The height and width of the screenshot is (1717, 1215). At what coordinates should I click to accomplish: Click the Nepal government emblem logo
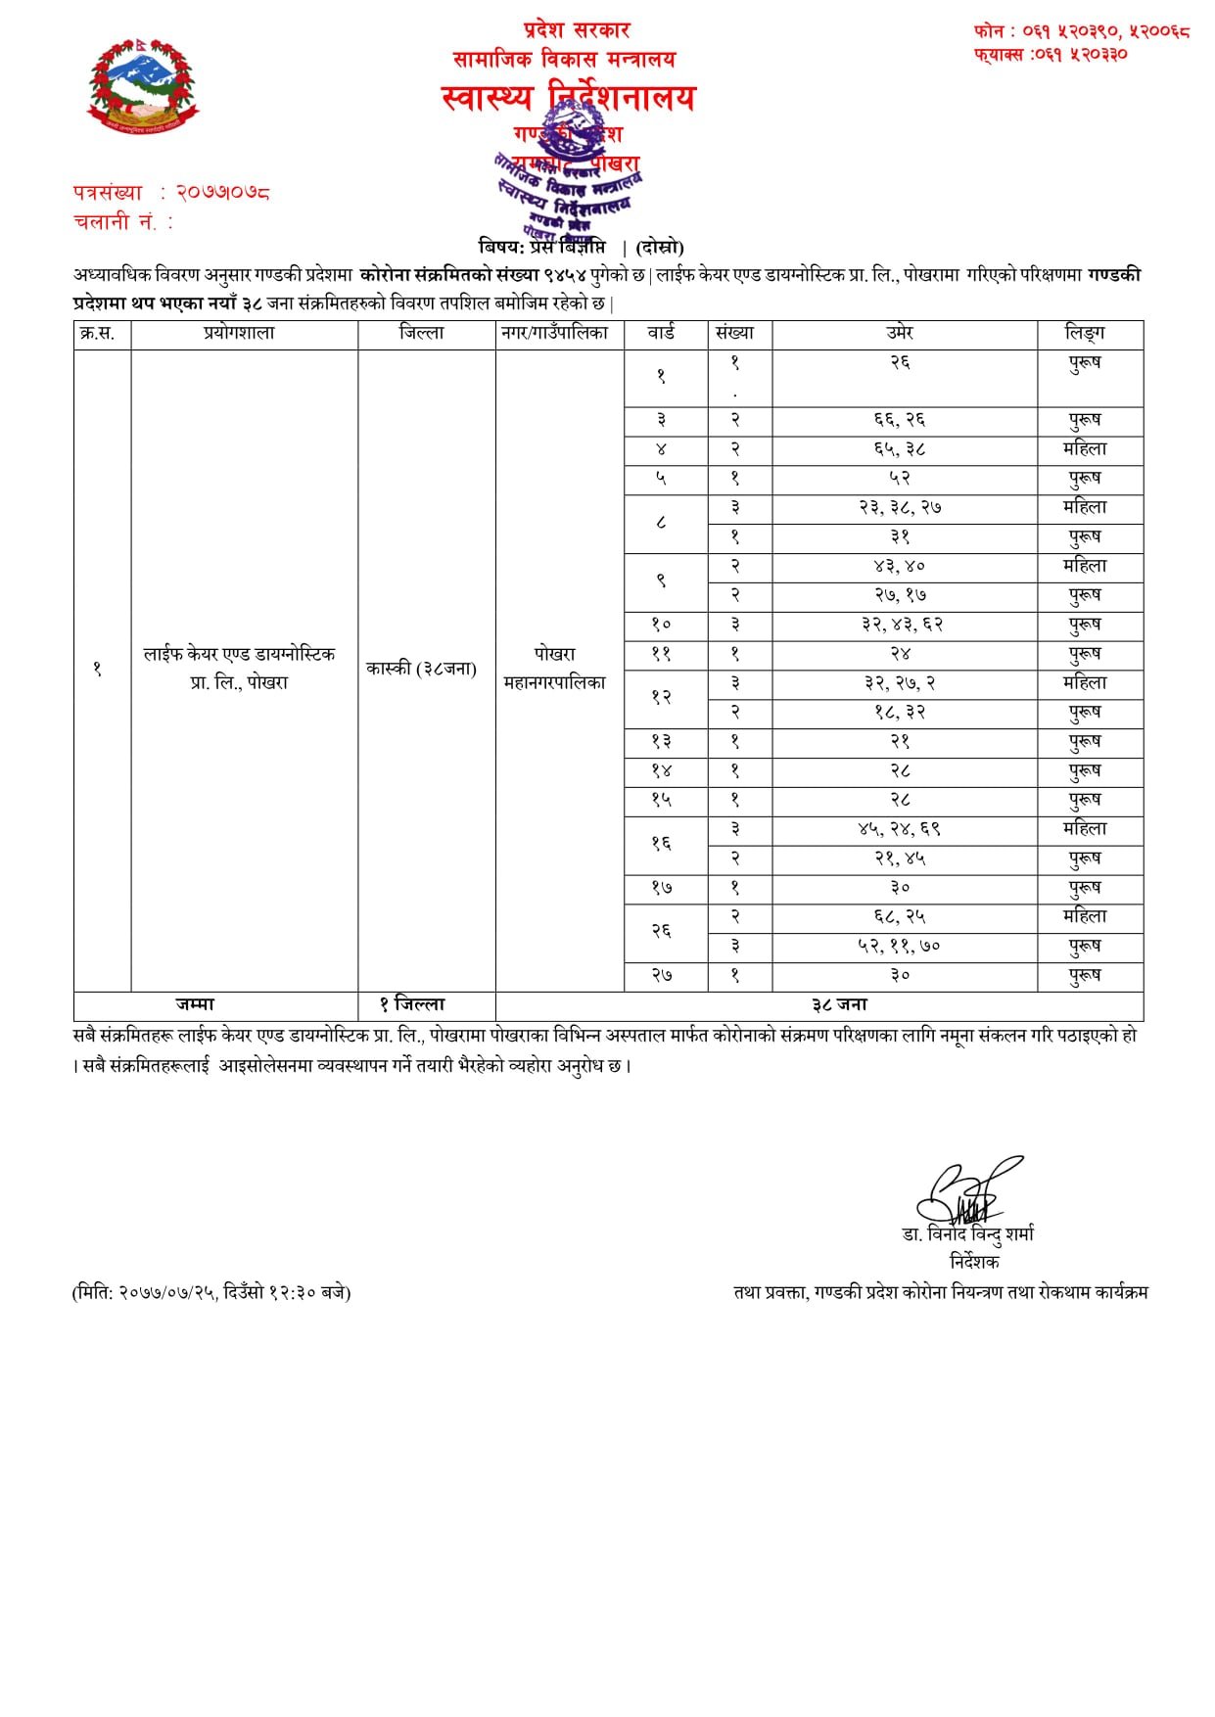coord(142,86)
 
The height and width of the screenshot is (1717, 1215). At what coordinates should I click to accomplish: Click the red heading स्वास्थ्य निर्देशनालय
coord(568,98)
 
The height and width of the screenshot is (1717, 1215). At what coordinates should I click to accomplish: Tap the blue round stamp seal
coord(568,181)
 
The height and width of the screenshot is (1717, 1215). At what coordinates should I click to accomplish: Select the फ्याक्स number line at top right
coord(1051,55)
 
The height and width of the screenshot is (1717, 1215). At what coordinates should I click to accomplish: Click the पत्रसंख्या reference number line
coord(171,193)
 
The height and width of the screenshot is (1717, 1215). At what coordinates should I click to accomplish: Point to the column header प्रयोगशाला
coord(240,333)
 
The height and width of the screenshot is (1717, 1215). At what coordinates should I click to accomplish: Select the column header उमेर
coord(900,333)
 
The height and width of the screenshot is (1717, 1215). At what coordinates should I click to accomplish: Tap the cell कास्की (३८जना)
coord(422,669)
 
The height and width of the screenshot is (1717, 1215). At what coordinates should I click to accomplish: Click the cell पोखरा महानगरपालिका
coord(554,668)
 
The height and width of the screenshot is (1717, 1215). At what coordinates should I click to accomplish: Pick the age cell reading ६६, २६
coord(900,420)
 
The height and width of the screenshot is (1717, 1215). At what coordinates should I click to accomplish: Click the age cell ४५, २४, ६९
coord(900,829)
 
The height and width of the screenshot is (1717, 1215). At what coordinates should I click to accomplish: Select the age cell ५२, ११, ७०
coord(900,947)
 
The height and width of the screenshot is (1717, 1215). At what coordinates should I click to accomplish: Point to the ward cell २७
coord(662,976)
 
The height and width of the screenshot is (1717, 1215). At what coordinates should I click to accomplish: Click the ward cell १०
coord(662,625)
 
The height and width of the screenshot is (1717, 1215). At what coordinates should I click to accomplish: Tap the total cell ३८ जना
coord(839,1004)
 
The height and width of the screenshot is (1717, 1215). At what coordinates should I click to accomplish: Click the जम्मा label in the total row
coord(195,1004)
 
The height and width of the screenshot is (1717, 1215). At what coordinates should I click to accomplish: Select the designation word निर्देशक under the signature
coord(973,1262)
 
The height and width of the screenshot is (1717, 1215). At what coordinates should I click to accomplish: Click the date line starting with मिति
coord(211,1293)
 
